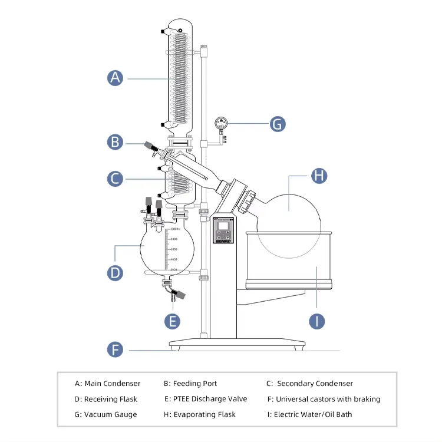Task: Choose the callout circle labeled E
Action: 172,321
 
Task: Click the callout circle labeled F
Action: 116,349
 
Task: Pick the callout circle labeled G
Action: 278,124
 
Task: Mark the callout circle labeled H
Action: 319,175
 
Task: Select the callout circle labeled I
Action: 318,321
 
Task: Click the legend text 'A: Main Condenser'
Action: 108,384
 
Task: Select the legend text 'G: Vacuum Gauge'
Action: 106,414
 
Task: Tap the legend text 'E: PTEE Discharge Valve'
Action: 206,399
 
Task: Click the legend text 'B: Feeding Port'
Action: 190,384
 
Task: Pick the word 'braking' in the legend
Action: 365,399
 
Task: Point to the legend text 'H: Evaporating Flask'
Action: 200,414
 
